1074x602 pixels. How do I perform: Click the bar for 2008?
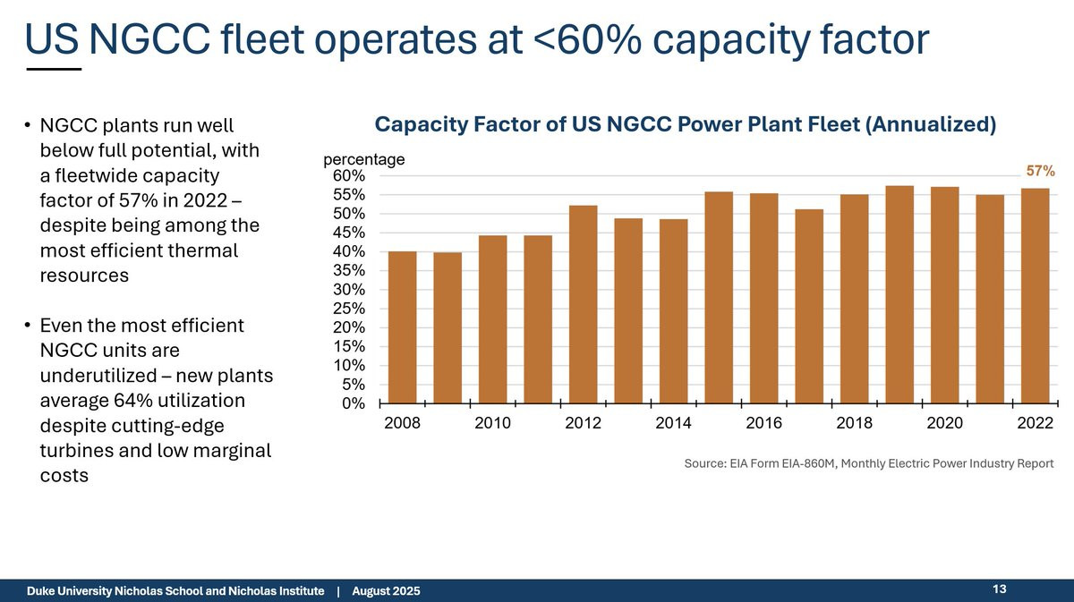pyautogui.click(x=402, y=327)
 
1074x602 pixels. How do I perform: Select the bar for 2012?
pyautogui.click(x=584, y=304)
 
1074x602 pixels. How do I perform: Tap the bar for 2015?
pyautogui.click(x=719, y=298)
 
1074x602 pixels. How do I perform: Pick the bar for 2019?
pyautogui.click(x=899, y=294)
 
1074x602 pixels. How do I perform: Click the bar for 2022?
pyautogui.click(x=1035, y=296)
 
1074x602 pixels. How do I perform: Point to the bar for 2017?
pyautogui.click(x=809, y=306)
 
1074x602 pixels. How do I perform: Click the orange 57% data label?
pyautogui.click(x=1040, y=170)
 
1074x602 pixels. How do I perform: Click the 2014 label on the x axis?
pyautogui.click(x=673, y=423)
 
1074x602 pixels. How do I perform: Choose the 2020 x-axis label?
pyautogui.click(x=944, y=423)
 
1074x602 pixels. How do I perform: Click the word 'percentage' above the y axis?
pyautogui.click(x=364, y=160)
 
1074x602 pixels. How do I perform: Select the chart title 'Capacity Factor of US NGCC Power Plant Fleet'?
pyautogui.click(x=685, y=124)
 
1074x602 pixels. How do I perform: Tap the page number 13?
pyautogui.click(x=1000, y=589)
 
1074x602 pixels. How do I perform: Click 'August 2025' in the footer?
pyautogui.click(x=386, y=591)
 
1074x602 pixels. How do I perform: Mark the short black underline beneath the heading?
pyautogui.click(x=53, y=69)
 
